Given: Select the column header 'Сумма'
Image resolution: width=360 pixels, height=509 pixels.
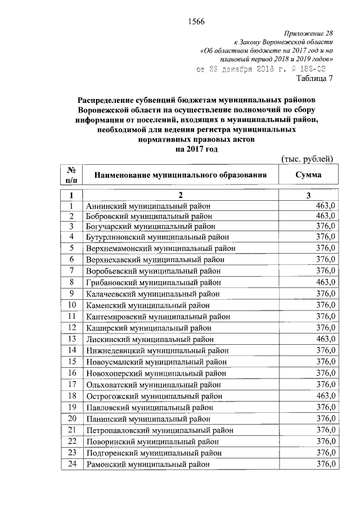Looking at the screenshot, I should click(309, 175).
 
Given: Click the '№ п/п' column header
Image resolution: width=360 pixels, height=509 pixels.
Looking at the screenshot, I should click(72, 175).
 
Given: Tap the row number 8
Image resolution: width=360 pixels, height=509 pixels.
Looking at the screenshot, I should click(72, 281).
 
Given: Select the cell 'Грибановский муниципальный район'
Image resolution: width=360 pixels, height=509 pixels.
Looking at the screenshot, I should click(153, 282).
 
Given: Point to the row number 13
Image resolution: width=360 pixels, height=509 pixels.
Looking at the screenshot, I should click(72, 339).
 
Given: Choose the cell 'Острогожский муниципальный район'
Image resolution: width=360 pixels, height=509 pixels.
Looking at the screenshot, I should click(154, 397).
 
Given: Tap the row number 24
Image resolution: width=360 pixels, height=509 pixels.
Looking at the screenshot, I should click(72, 465).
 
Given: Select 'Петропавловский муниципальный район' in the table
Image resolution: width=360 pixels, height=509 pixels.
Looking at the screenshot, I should click(160, 430).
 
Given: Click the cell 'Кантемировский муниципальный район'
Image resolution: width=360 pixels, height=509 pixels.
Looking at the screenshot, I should click(158, 317).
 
